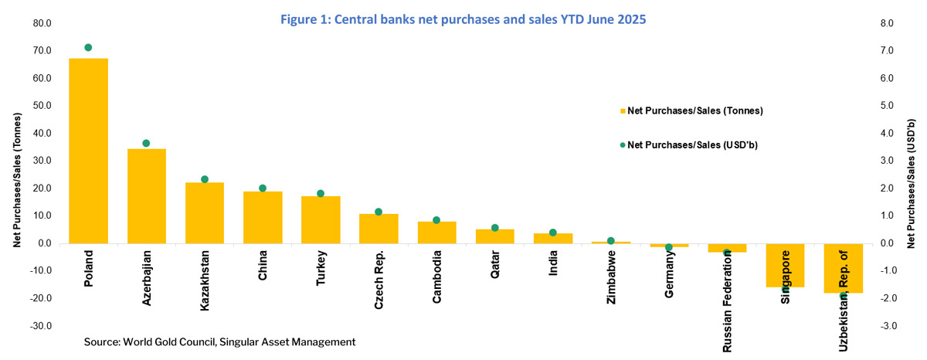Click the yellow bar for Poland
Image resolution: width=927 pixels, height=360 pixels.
[x=88, y=151]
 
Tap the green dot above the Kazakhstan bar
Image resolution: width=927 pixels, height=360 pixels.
[x=205, y=179]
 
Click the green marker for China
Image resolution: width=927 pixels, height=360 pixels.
[x=263, y=188]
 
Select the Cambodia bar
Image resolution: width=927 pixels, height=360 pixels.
[x=437, y=233]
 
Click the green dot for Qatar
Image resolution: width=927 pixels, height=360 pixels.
[x=495, y=228]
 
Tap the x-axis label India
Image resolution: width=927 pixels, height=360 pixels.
[x=553, y=263]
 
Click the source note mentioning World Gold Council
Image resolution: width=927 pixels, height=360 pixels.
[x=219, y=341]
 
